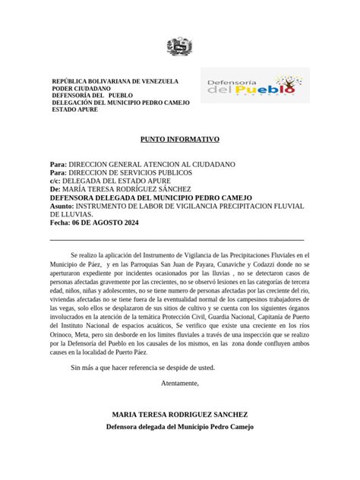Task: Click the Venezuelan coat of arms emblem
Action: [x=181, y=48]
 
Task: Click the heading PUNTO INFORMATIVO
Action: [x=180, y=140]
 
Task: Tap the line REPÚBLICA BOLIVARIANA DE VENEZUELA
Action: [x=115, y=81]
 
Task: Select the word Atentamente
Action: [x=180, y=384]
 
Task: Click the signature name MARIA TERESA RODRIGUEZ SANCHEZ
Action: [x=179, y=415]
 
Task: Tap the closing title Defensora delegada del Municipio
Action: [x=179, y=427]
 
